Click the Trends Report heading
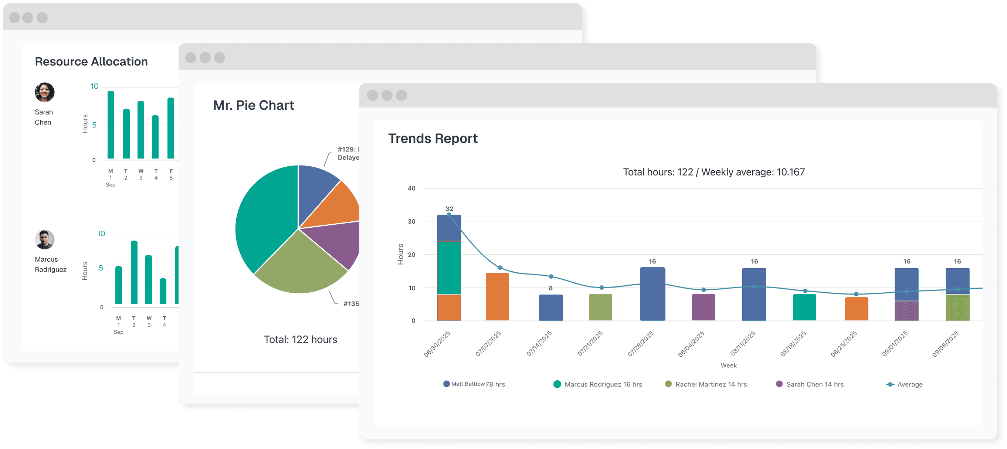pos(433,139)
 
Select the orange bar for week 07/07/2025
pos(497,297)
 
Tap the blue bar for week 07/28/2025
pos(652,294)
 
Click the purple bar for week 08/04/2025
pos(703,307)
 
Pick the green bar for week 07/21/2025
pos(600,307)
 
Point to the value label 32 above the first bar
pos(449,209)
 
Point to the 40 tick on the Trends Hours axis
pos(411,188)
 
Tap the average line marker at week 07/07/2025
pos(500,268)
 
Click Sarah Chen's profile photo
pos(45,92)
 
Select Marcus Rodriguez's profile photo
pos(45,239)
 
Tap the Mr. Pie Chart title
pos(253,106)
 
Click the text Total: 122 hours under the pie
pos(300,340)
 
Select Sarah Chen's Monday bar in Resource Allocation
pos(111,125)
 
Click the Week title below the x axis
pos(728,365)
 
